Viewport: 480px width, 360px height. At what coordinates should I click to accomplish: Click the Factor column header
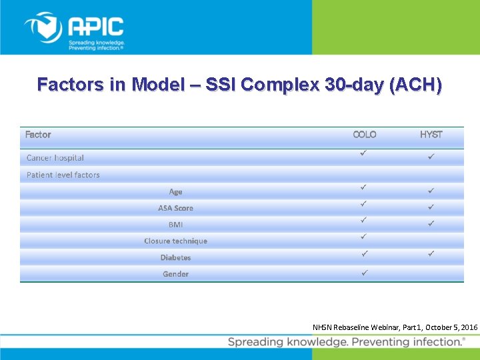click(x=38, y=135)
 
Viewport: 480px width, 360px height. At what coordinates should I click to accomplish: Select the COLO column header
click(x=365, y=135)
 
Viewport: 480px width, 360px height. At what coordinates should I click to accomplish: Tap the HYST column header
click(x=431, y=135)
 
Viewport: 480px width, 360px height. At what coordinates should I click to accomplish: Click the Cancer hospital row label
click(x=55, y=158)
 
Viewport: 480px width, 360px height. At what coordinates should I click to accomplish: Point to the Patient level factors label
click(x=63, y=175)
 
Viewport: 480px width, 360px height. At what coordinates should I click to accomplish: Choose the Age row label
click(x=175, y=192)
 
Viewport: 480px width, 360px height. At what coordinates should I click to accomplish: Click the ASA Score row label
click(x=175, y=208)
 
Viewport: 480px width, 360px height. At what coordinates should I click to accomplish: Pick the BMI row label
click(x=175, y=225)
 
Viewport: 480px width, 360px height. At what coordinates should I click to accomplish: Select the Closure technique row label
click(x=175, y=241)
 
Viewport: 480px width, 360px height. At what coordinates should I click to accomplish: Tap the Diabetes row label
click(x=175, y=258)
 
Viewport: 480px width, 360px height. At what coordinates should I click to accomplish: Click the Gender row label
click(x=175, y=274)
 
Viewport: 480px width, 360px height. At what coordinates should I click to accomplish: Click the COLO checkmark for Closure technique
click(x=364, y=237)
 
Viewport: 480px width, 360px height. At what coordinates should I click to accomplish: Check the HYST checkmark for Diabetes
click(x=431, y=254)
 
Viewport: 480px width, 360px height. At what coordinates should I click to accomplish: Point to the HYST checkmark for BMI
click(x=431, y=222)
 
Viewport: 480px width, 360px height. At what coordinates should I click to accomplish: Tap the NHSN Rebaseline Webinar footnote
click(x=395, y=327)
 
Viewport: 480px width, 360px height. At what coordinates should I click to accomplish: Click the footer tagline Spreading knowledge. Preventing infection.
click(x=346, y=342)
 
